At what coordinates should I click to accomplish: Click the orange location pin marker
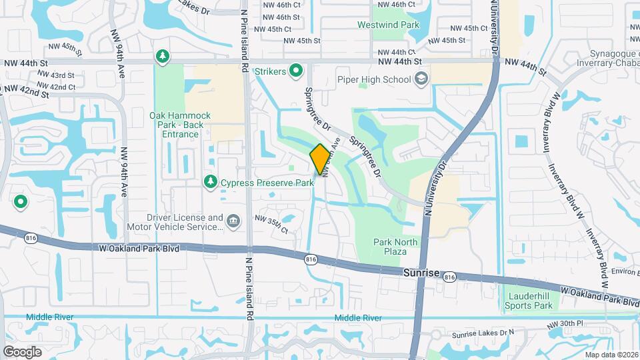coord(320,159)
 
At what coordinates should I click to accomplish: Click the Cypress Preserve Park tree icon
coord(211,182)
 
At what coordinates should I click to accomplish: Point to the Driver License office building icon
coord(233,221)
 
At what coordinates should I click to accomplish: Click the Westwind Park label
coord(397,25)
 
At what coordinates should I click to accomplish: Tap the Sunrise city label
coord(421,273)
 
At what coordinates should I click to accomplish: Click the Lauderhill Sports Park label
coord(530,300)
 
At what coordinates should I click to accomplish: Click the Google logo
coord(23,351)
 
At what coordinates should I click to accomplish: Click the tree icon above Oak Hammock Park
coord(162,57)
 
